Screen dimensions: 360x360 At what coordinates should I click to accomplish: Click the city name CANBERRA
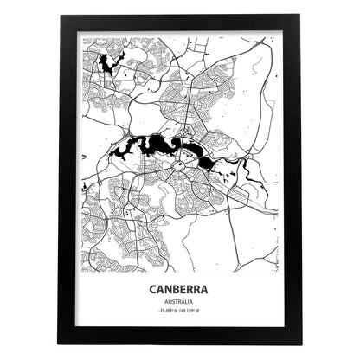(180, 289)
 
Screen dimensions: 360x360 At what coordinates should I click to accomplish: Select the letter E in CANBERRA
(183, 289)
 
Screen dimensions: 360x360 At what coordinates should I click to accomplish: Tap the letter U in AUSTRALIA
(170, 303)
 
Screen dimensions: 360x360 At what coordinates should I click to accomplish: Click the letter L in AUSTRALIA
(188, 303)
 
